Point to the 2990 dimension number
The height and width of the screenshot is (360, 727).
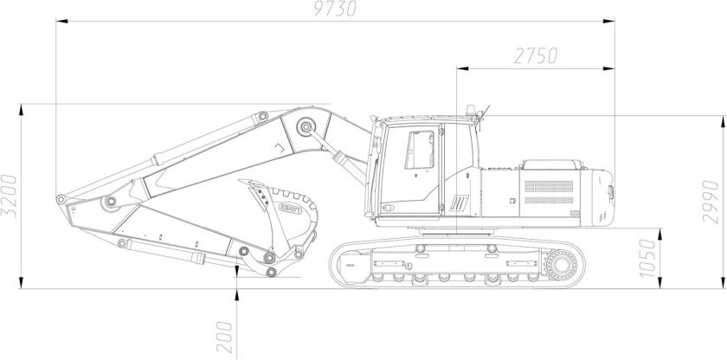711,201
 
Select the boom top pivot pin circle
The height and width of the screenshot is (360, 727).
305,128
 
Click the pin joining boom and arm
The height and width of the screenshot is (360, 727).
110,202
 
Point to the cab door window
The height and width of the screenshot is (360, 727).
421,149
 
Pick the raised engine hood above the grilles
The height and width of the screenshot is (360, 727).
551,164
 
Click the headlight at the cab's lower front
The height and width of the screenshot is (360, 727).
388,208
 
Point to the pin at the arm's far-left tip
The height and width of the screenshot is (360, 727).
60,201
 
